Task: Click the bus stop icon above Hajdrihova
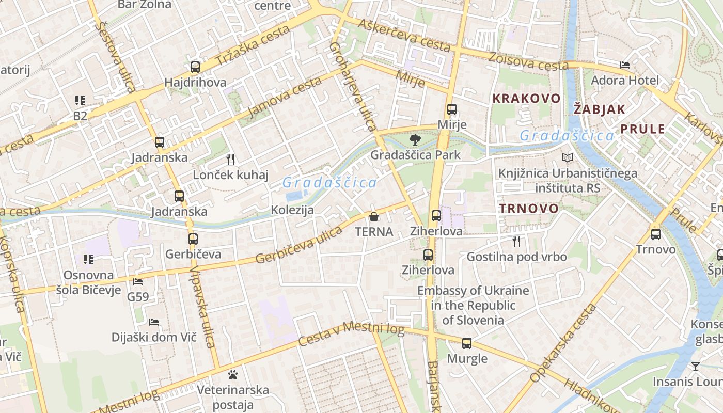[195, 67]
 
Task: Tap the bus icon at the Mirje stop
[452, 109]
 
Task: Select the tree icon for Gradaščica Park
[415, 139]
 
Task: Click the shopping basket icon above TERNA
[374, 217]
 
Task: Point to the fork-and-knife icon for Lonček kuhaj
[230, 160]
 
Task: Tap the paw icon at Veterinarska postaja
[233, 374]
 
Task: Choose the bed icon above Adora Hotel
[625, 65]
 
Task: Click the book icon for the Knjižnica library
[568, 158]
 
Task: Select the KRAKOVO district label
[526, 98]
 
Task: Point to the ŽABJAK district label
[600, 109]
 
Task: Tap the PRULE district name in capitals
[643, 129]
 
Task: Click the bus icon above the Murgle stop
[467, 343]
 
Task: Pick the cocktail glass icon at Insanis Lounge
[696, 367]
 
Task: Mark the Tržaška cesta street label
[253, 45]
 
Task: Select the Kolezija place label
[292, 210]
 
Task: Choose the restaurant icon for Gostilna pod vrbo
[516, 241]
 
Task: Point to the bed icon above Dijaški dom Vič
[154, 322]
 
